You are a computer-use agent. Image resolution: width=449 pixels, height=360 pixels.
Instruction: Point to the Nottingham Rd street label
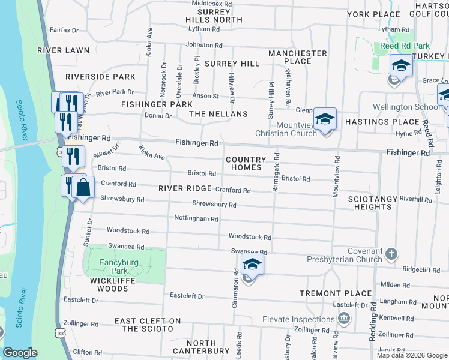click(196, 219)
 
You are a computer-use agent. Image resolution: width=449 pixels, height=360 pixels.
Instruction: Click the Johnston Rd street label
click(204, 45)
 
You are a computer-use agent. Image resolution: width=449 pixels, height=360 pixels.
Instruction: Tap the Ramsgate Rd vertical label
click(276, 175)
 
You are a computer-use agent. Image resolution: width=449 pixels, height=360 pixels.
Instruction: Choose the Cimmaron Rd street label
click(234, 291)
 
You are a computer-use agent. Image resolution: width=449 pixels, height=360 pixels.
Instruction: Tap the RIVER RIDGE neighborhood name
click(185, 188)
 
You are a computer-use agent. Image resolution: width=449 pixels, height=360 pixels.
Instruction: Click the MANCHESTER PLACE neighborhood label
click(298, 57)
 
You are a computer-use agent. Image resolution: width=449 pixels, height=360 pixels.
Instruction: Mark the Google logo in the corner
click(20, 353)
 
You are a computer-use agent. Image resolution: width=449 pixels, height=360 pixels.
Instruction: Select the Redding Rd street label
click(373, 321)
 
